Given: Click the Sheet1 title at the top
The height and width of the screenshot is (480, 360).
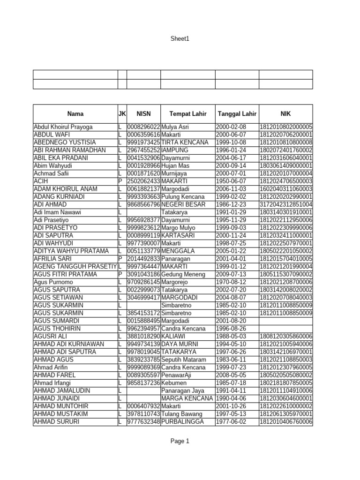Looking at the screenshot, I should click(x=180, y=39).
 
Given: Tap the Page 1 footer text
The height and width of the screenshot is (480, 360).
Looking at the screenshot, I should click(x=180, y=441).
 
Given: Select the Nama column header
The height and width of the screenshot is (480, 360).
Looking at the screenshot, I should click(x=75, y=113).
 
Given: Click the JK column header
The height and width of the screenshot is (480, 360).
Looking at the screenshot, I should click(x=122, y=113).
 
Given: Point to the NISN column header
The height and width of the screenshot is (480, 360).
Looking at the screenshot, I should click(x=143, y=113).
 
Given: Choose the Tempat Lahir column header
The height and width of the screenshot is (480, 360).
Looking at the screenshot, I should click(x=187, y=113).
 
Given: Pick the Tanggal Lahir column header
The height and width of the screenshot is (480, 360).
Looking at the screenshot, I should click(x=237, y=113).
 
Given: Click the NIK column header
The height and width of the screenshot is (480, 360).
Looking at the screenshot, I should click(x=285, y=113).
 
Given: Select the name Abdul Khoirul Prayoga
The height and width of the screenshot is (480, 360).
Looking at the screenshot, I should click(x=63, y=127).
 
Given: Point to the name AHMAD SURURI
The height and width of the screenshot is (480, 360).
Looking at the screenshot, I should click(x=56, y=422).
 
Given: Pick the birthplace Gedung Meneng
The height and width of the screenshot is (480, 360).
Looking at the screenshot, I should click(x=183, y=274).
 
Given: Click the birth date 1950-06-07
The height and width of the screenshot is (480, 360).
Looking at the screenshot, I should click(x=231, y=181).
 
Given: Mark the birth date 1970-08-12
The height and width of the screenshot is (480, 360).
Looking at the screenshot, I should click(x=231, y=282).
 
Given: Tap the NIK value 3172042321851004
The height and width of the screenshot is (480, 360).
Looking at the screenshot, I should click(x=286, y=204).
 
